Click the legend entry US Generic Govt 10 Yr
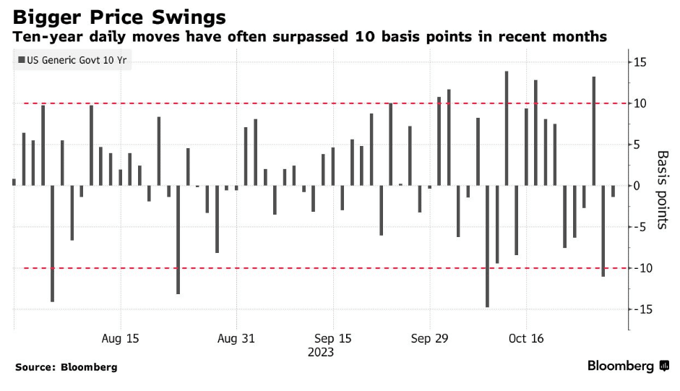[72, 61]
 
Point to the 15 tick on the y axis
[640, 62]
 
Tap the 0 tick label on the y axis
[637, 186]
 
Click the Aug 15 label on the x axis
[121, 338]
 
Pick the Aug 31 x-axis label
[237, 338]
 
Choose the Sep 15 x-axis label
[333, 338]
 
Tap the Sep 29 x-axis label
[430, 338]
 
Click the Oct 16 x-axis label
[526, 338]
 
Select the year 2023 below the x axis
[321, 352]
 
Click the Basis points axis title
[661, 190]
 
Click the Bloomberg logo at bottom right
[628, 366]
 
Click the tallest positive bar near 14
[507, 128]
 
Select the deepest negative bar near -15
[488, 246]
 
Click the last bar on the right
[613, 191]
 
